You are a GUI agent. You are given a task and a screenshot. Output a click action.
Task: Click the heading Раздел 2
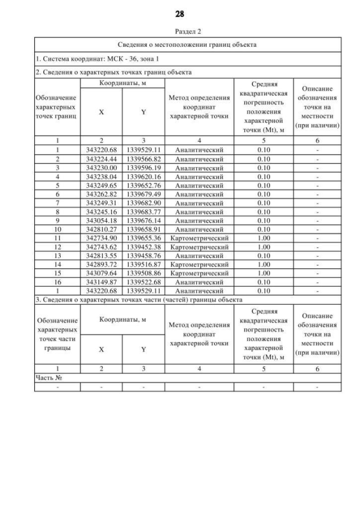[x=180, y=32]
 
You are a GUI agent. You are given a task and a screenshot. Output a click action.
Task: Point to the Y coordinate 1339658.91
[x=143, y=229]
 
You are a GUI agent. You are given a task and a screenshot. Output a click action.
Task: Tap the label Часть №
[x=48, y=378]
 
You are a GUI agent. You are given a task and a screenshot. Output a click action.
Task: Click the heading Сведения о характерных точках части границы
[x=138, y=299]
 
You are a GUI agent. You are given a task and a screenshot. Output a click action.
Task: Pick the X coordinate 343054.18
[x=101, y=220]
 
